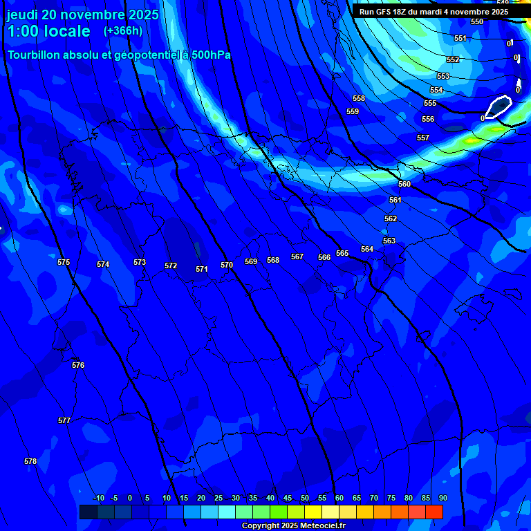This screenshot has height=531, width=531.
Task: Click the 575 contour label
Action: [64, 263]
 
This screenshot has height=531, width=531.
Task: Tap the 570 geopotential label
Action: [227, 265]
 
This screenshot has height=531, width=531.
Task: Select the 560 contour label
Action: [404, 185]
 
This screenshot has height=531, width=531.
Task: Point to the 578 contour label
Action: [30, 462]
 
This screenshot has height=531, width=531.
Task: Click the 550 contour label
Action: [477, 22]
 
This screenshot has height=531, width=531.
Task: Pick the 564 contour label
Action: [367, 250]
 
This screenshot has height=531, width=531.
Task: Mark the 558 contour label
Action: [359, 99]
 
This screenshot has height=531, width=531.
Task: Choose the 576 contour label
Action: [78, 366]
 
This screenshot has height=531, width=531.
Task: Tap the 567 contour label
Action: [297, 257]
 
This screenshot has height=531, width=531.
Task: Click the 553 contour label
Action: [443, 77]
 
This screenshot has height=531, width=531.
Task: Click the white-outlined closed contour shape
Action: [499, 106]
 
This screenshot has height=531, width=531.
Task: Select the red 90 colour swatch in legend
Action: [434, 512]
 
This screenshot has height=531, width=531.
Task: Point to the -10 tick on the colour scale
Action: [98, 499]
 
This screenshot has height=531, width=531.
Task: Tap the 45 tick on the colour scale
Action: [288, 499]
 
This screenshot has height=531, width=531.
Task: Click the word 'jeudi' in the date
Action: [22, 15]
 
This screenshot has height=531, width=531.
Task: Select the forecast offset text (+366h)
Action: [123, 31]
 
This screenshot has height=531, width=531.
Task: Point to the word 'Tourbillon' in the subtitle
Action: [35, 55]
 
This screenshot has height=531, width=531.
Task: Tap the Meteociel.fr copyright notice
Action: [293, 526]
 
